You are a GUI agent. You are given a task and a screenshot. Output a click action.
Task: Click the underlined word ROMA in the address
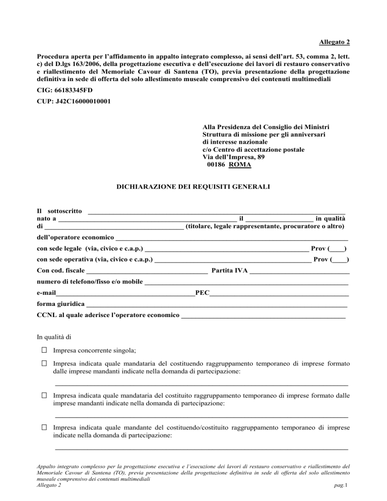(240, 164)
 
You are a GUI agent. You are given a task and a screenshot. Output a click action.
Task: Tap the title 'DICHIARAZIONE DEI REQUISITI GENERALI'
(193, 186)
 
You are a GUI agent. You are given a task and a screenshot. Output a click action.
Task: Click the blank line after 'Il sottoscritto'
(217, 210)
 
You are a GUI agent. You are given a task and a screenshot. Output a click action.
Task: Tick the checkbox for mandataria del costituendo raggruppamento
(44, 363)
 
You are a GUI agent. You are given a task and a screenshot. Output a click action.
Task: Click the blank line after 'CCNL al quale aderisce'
(263, 316)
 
